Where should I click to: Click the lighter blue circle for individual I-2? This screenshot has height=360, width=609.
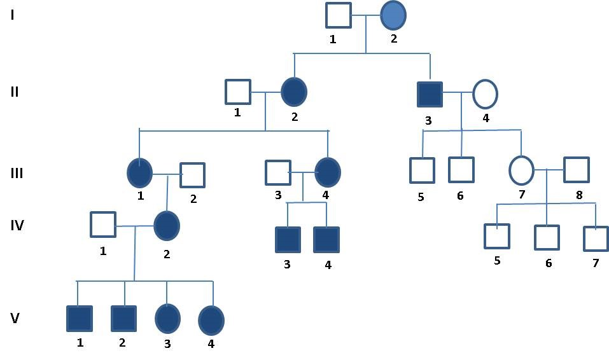393,16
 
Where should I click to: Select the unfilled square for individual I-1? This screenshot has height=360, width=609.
338,15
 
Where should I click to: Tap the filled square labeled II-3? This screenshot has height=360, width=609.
430,94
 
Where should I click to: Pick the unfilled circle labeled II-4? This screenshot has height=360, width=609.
485,94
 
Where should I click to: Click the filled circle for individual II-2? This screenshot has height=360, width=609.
294,92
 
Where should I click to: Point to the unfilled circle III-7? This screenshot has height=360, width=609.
521,170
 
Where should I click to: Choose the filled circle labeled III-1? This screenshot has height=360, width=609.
139,172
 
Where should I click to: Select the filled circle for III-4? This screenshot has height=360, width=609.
327,172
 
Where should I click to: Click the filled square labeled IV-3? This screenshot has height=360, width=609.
288,240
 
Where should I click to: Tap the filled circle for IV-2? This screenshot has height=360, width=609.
167,226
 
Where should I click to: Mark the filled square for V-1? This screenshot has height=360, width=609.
79,319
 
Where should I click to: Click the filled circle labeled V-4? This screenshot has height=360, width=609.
211,321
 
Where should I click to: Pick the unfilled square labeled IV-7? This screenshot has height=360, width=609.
596,239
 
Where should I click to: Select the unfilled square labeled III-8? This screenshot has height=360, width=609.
576,170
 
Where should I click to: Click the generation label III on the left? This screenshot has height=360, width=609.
17,173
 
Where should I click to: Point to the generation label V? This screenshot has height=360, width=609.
15,318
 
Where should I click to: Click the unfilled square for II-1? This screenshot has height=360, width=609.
237,92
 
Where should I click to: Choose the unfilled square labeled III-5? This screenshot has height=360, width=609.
422,170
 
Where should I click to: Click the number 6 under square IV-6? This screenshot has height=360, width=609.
549,263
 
